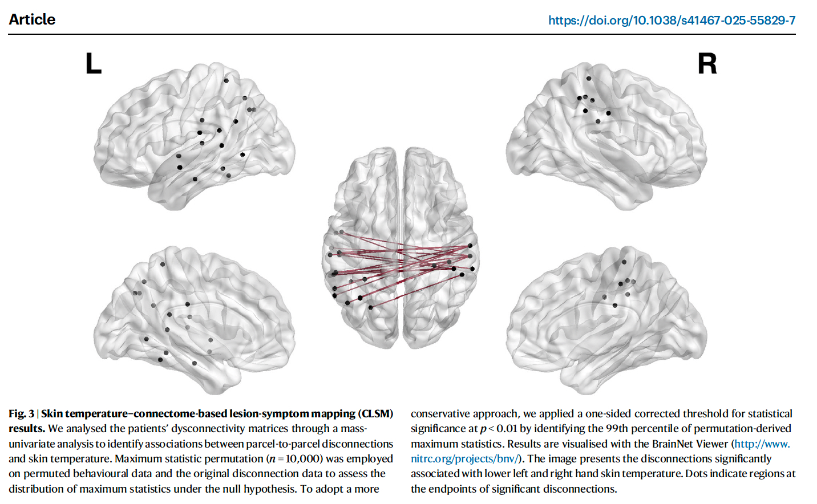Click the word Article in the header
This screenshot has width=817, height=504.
click(32, 19)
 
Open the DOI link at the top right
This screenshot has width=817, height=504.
click(672, 21)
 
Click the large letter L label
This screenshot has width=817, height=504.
click(93, 64)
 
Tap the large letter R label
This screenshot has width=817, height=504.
click(707, 64)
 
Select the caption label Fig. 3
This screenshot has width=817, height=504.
click(21, 414)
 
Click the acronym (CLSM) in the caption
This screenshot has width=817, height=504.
click(375, 414)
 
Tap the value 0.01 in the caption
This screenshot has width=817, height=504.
click(507, 429)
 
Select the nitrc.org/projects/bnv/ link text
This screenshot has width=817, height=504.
click(463, 459)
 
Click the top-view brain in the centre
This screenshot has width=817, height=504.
click(401, 248)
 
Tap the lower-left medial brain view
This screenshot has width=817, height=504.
click(194, 319)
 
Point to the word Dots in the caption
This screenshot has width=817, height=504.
click(696, 474)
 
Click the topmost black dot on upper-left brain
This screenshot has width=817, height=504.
click(227, 81)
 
